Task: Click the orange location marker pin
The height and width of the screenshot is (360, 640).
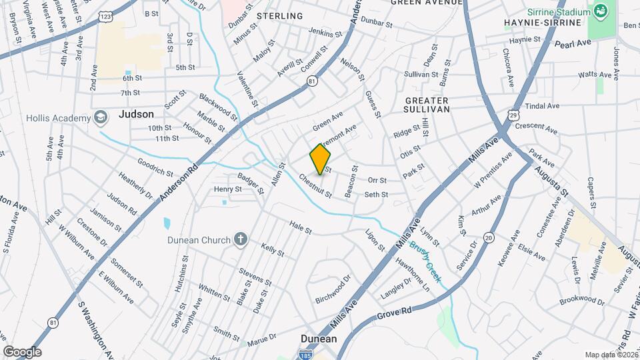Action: pos(320,159)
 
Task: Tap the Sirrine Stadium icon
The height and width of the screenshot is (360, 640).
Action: pos(601,11)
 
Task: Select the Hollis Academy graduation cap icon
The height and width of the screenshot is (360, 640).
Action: pos(101,118)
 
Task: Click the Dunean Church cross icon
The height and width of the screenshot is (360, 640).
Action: pos(241,239)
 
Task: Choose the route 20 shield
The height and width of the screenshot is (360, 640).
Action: pos(489,237)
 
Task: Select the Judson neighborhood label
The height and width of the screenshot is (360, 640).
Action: pos(136,114)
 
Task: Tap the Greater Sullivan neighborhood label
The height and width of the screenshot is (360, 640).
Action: pos(427,103)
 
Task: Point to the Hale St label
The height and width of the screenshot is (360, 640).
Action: pos(300,229)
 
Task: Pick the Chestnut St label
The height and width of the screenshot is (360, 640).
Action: pos(315,186)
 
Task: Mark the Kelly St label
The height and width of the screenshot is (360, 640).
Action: pos(273,251)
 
